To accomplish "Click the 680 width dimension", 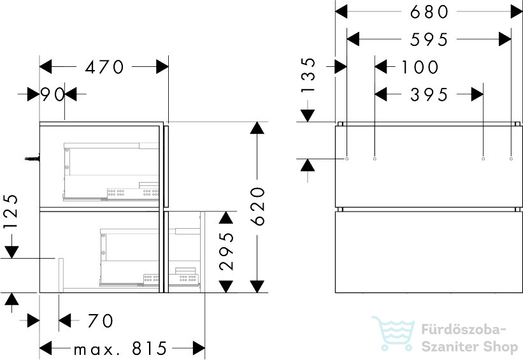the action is point(429,12).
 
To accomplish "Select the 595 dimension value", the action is point(429,40).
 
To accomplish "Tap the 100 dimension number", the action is point(420,68).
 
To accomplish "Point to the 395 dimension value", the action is point(429,95).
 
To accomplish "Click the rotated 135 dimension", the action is point(308,75).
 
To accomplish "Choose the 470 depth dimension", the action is point(104,67).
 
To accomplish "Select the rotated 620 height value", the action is point(257,206).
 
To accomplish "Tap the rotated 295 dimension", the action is point(227,252).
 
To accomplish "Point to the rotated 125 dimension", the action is point(11,212).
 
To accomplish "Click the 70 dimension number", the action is point(101,321).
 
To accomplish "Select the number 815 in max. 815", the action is point(149,349).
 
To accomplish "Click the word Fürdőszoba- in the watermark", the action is point(464,329).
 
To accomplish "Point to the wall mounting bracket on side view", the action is point(32,159).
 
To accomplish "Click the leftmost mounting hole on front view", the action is point(347,159).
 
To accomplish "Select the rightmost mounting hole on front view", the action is point(511,159).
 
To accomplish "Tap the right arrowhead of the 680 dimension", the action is point(517,12).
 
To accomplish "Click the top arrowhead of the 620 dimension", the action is point(257,128).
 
